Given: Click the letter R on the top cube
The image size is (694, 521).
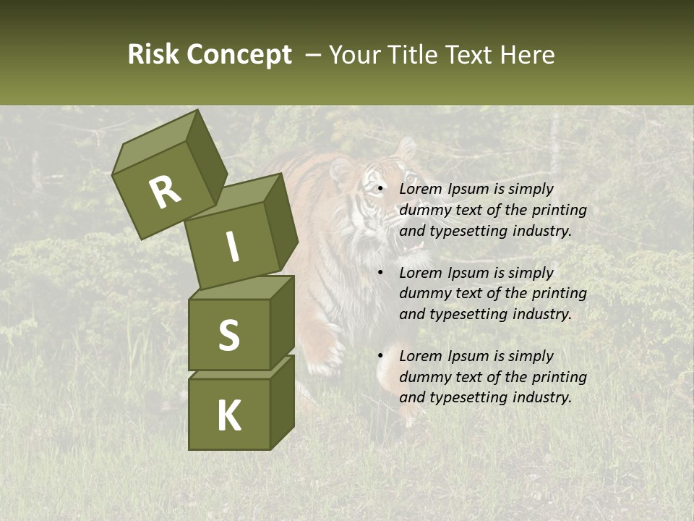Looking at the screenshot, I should click(x=166, y=192).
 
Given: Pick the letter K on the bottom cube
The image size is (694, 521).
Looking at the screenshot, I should click(x=228, y=415).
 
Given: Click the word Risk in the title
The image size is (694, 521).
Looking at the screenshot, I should click(x=153, y=55).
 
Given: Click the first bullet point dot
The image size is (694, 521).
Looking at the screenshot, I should click(x=381, y=190).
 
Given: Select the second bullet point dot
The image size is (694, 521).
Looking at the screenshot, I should click(x=381, y=274).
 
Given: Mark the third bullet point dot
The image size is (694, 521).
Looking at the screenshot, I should click(x=381, y=357).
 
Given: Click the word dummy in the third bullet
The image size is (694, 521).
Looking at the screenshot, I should click(x=424, y=377).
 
